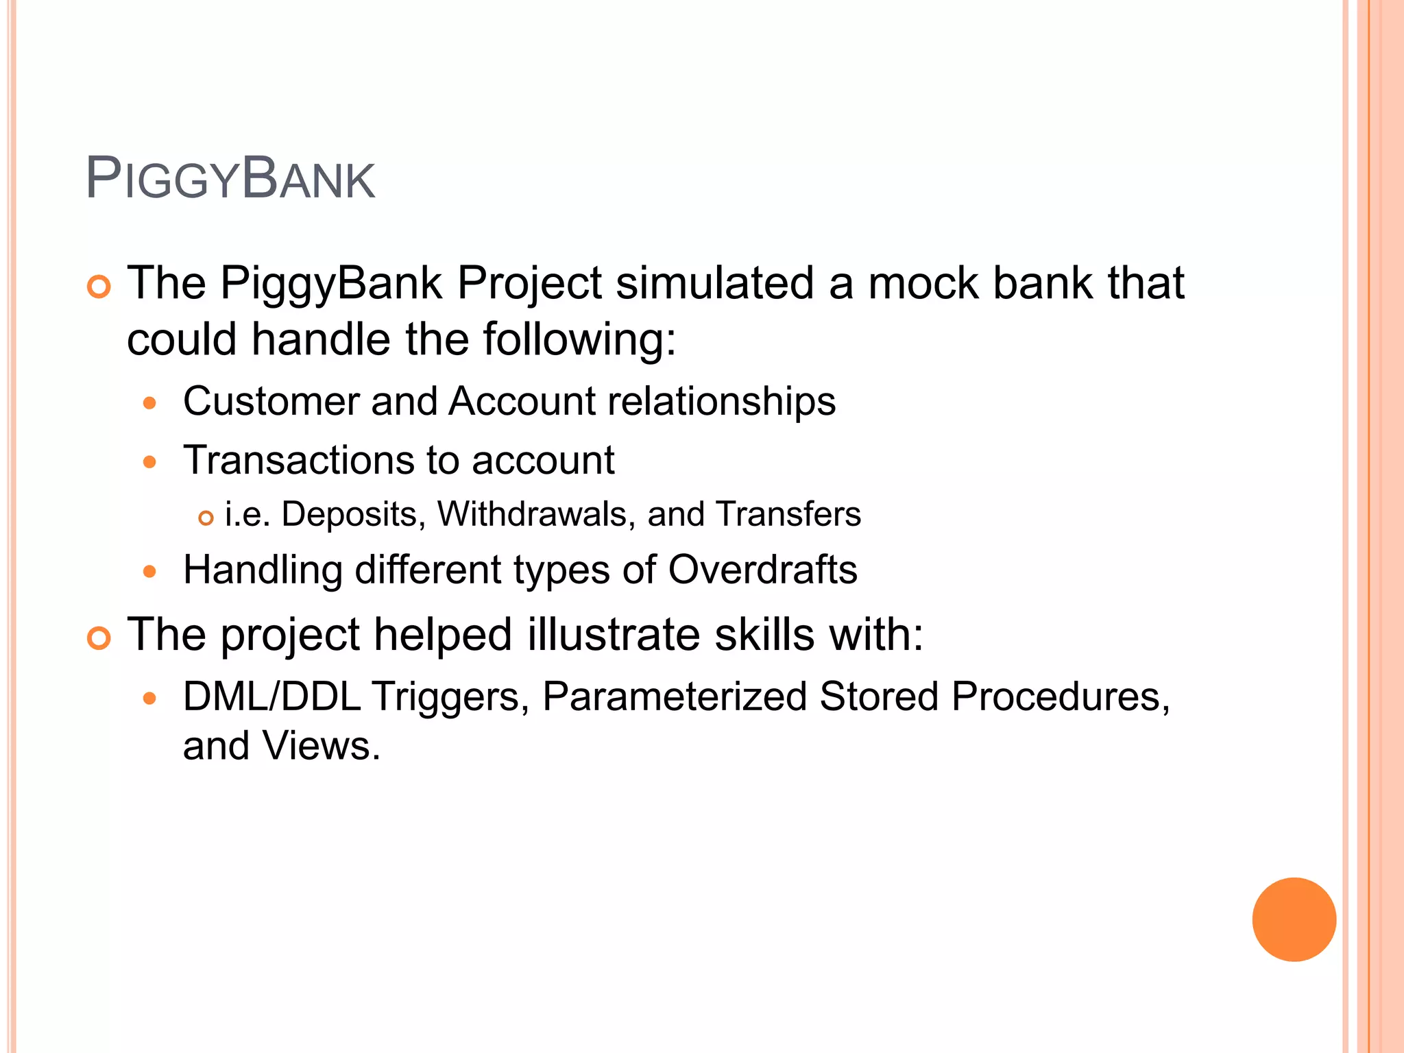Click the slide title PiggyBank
[x=230, y=180]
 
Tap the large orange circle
[x=1294, y=919]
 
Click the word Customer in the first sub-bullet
[x=271, y=401]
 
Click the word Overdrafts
[x=762, y=570]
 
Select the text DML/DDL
[x=271, y=697]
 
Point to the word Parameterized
[x=675, y=697]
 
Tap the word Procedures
[x=1061, y=697]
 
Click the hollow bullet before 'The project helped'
[x=99, y=639]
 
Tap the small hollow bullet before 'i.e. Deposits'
[x=206, y=518]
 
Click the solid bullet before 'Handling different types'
[x=150, y=571]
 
